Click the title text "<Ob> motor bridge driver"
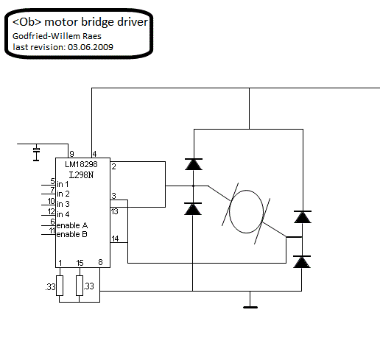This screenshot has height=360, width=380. click(80, 22)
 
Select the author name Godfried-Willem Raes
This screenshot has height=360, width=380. click(57, 36)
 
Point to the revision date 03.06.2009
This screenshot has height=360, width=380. click(91, 47)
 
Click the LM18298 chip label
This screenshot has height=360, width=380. click(81, 164)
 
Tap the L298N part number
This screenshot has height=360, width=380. click(81, 175)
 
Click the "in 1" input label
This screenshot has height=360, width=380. click(63, 184)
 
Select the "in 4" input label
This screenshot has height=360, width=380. click(63, 214)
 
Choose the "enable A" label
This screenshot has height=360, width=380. click(72, 225)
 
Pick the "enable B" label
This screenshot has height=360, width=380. click(71, 234)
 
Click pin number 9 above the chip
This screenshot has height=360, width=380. click(71, 154)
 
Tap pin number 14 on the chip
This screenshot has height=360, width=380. click(115, 239)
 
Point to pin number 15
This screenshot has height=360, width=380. click(80, 263)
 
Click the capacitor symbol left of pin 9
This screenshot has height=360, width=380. click(36, 152)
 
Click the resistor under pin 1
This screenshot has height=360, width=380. click(60, 286)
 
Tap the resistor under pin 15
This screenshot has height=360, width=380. click(80, 286)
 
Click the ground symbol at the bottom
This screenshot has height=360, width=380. click(250, 307)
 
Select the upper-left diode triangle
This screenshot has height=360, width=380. click(194, 164)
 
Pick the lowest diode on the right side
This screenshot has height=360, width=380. click(302, 262)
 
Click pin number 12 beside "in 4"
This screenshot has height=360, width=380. click(52, 211)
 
